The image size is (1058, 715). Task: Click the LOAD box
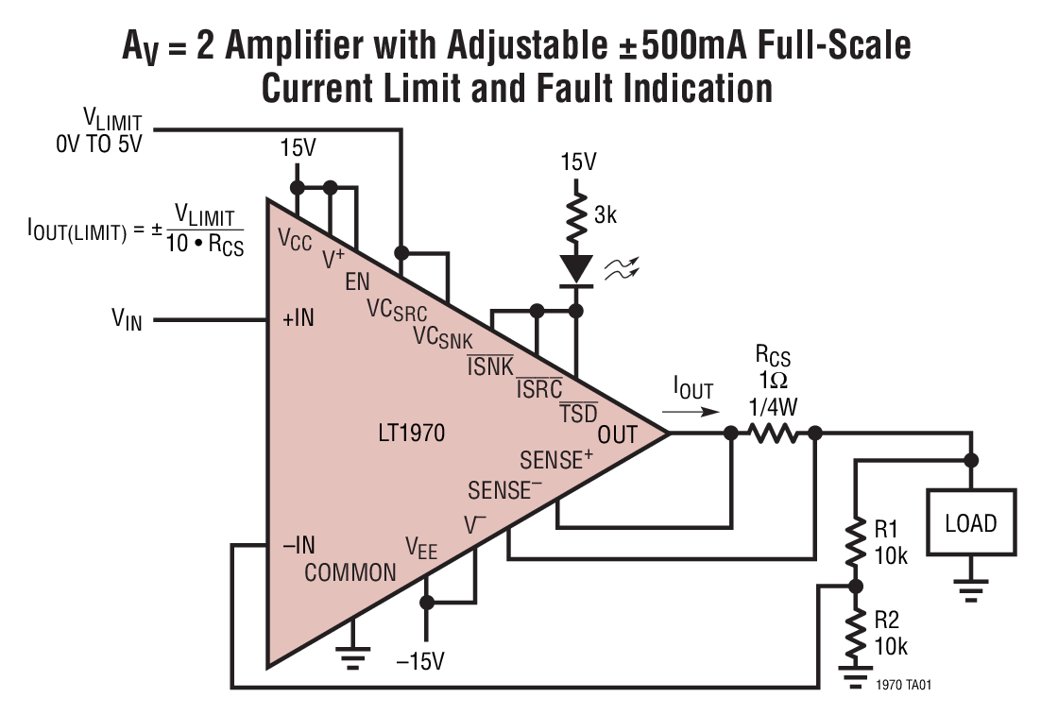(x=971, y=522)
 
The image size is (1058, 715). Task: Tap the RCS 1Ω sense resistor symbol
(x=774, y=434)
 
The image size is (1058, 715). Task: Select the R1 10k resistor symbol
(x=855, y=543)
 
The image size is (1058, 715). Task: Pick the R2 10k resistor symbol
(x=855, y=634)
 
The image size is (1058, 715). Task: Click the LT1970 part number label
(x=410, y=434)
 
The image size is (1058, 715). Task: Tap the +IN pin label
(x=298, y=319)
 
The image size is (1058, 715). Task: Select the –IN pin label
(x=298, y=545)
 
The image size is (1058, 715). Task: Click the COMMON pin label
(x=350, y=572)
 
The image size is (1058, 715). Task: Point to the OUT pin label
(x=618, y=434)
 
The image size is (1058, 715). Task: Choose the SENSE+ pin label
(x=556, y=460)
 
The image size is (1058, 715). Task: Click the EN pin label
(x=358, y=281)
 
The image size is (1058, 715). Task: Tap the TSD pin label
(x=579, y=413)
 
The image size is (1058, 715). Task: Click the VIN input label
(x=127, y=320)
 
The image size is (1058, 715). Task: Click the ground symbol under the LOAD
(x=971, y=588)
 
